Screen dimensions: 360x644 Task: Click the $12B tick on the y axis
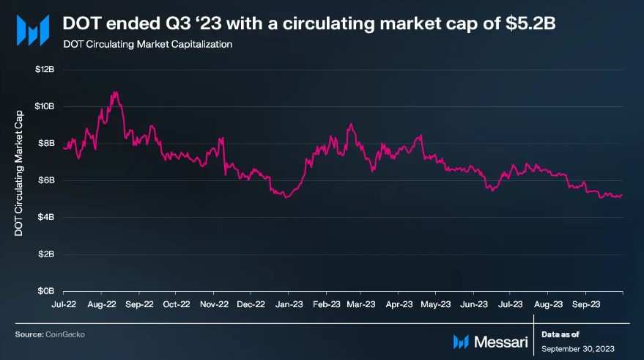tap(45, 69)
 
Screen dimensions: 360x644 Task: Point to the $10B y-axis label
tap(45, 106)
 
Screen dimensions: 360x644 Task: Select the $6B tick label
tap(46, 180)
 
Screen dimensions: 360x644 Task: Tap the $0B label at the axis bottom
tap(46, 291)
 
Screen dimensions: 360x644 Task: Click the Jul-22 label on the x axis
tap(64, 303)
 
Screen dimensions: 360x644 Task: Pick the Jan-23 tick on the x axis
tap(289, 303)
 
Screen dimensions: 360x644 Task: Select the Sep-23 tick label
tap(588, 303)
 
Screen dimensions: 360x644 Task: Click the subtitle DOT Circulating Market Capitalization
tap(147, 45)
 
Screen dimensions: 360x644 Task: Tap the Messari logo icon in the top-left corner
tap(33, 29)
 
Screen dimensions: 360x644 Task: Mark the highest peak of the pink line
tap(115, 92)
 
